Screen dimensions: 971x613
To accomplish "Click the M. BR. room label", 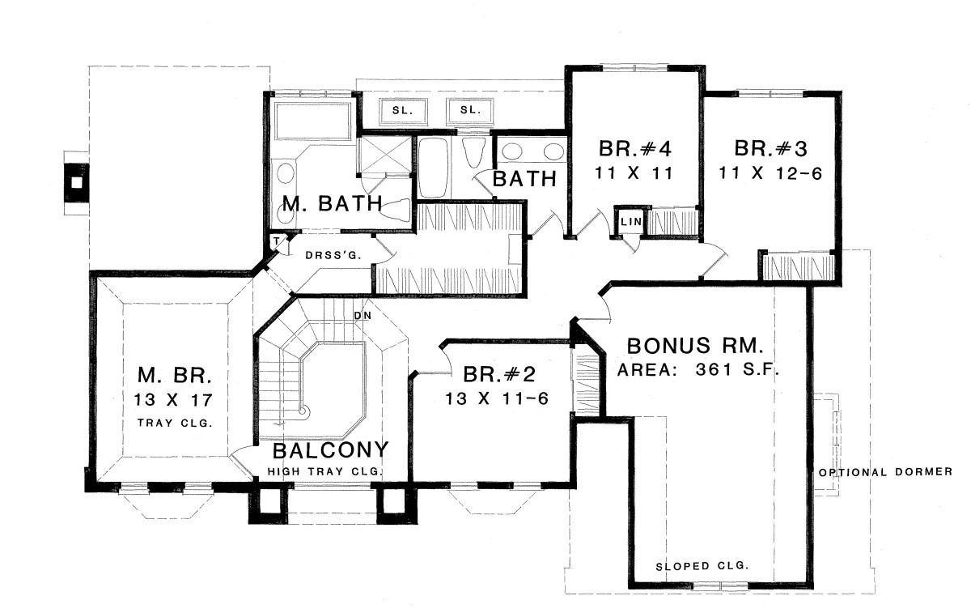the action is coord(175,375).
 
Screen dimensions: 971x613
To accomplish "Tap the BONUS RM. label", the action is coord(695,347).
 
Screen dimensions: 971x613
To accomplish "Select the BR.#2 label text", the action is coord(499,374).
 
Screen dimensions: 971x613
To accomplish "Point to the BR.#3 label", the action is coord(770,148).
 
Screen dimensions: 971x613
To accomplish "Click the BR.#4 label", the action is coord(635,148).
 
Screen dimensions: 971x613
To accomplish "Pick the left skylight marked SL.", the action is coord(403,112).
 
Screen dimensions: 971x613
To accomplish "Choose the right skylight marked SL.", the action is coord(470,111).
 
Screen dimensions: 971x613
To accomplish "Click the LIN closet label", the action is coord(631,222).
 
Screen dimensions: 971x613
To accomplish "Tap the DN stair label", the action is coord(363,316).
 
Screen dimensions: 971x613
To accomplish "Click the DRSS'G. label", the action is coord(333,255).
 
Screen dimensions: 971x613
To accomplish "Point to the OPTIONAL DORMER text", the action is coord(885,471).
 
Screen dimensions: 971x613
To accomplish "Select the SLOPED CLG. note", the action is coord(702,566).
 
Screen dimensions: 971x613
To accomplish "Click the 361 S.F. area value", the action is coord(738,369).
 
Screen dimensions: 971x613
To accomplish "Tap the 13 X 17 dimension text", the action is coord(173,399).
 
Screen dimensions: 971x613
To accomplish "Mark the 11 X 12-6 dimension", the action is coord(770,173).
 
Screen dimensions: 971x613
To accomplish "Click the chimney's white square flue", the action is coord(77,183).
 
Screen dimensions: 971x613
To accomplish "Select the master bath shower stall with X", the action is coord(384,155).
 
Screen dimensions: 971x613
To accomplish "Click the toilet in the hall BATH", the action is coord(474,152).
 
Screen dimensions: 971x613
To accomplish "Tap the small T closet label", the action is coord(277,241).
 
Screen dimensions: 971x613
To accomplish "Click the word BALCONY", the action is coord(330,450).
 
